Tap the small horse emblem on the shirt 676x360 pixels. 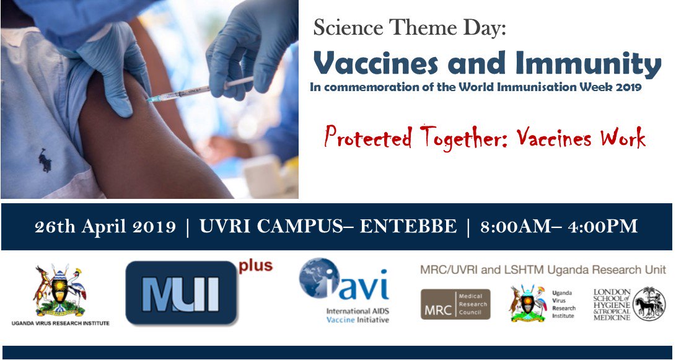45,160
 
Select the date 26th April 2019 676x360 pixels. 105,227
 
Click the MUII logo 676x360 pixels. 181,293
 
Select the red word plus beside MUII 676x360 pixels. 255,266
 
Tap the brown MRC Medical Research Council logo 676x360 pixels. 455,304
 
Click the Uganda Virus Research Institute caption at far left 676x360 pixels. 60,323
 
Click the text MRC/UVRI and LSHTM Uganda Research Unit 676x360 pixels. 543,270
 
